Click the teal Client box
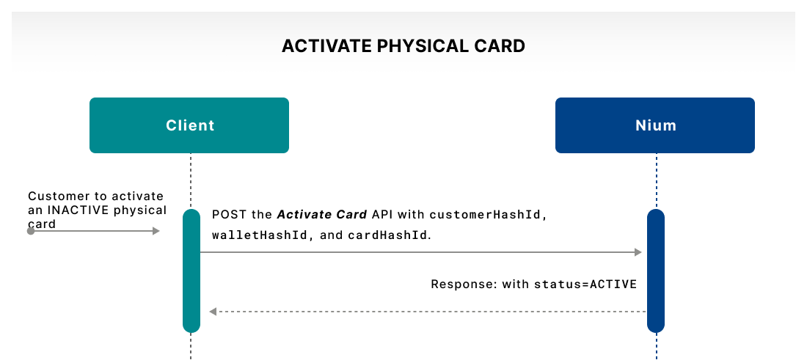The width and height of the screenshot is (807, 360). point(189,125)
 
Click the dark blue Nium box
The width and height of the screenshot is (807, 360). point(655,125)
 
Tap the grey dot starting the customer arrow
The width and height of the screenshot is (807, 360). point(31,231)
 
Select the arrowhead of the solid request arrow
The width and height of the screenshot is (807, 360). point(638,252)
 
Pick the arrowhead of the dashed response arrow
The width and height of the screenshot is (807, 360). point(213,312)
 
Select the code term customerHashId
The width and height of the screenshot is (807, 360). point(486,216)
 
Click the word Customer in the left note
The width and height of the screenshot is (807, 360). point(56,196)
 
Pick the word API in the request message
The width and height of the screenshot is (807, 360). point(381,216)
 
